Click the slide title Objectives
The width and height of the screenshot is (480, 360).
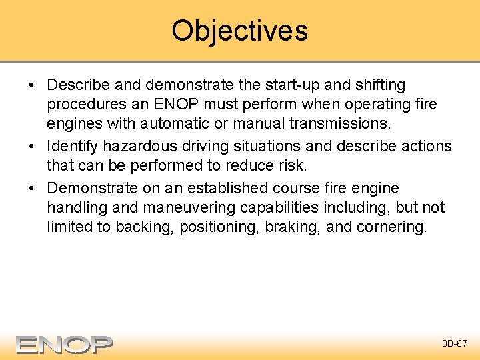[x=239, y=31]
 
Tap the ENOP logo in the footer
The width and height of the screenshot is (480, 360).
[x=65, y=344]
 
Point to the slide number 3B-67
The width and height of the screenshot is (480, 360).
[x=455, y=344]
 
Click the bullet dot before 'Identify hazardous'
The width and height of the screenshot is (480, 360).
[x=33, y=147]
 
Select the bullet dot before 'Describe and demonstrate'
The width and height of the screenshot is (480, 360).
[x=33, y=86]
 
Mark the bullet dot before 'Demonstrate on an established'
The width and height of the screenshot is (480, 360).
[x=33, y=188]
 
